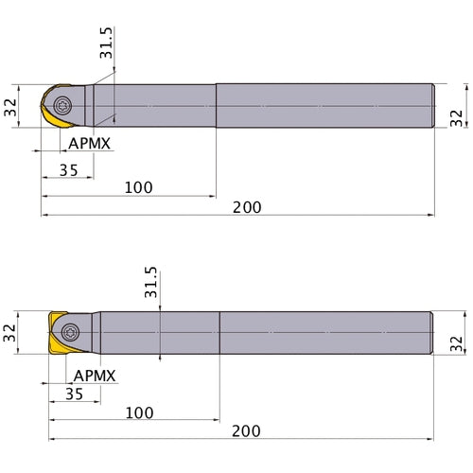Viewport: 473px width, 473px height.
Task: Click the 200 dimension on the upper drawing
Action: pos(247,207)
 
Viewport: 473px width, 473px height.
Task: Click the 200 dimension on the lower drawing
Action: pos(246,431)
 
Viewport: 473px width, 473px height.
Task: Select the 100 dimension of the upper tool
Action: pos(139,187)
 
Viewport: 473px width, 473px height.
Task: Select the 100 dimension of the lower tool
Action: pos(139,412)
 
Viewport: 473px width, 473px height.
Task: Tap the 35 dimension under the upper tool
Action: pos(69,170)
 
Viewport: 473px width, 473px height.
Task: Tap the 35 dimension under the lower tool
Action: pos(74,394)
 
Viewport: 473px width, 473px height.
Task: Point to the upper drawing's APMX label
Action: pos(90,144)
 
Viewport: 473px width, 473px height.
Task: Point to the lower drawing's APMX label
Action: pos(95,376)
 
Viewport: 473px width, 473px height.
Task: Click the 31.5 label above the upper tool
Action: pos(106,43)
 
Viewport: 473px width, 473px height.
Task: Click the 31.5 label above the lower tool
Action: pos(150,282)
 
